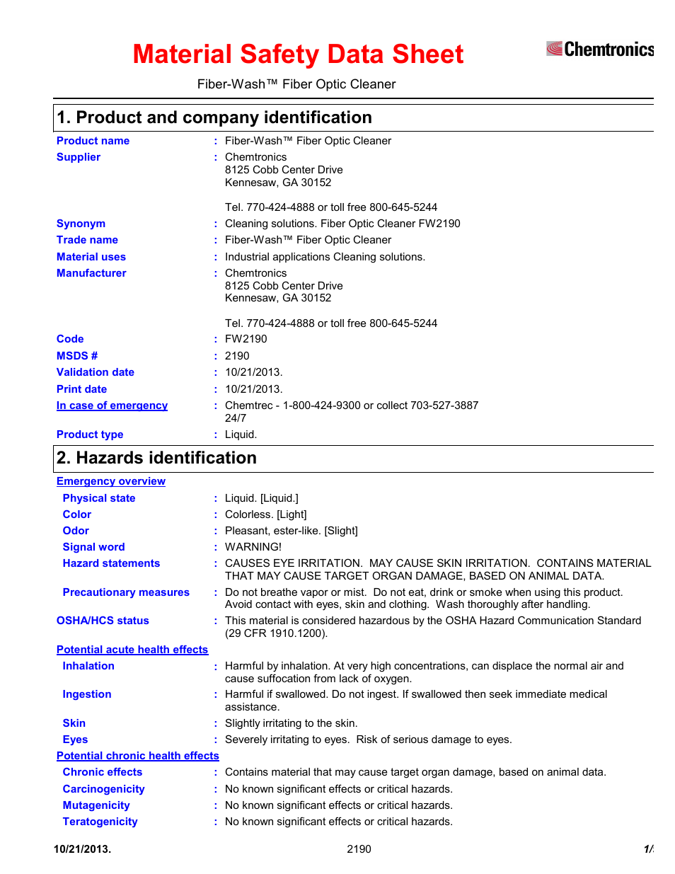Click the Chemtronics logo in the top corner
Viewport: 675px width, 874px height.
599,49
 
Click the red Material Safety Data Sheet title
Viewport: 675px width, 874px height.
298,54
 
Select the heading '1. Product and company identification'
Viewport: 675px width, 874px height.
214,117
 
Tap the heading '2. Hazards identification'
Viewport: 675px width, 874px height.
157,458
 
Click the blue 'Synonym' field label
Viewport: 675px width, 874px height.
81,224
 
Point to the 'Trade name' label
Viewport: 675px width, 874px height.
87,240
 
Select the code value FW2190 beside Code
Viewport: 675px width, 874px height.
246,339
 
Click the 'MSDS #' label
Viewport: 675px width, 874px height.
77,356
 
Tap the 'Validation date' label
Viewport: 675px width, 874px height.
96,372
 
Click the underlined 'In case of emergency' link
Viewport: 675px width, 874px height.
112,406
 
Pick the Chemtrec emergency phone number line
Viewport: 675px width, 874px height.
351,406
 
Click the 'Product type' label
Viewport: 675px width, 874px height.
90,435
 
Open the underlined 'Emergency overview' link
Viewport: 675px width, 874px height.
111,481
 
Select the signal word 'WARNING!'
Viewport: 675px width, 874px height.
253,547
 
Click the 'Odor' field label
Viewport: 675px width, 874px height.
76,531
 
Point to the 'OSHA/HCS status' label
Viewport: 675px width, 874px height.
103,621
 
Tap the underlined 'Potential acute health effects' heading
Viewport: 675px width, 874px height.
132,650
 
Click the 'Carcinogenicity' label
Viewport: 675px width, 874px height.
103,789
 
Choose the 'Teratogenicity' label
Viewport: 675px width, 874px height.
100,822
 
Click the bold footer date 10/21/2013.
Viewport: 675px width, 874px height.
82,849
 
